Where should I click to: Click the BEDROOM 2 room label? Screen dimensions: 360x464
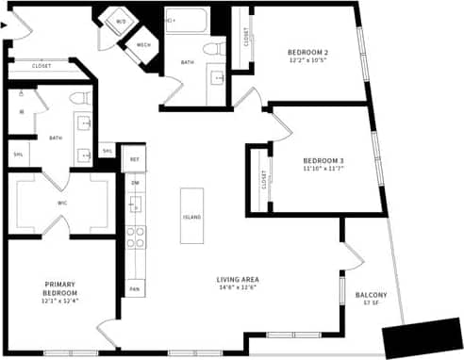(x=307, y=52)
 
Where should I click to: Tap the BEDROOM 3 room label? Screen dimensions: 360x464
(x=323, y=160)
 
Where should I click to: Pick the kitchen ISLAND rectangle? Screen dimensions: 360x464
(x=191, y=217)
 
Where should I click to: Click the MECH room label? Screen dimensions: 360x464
(x=144, y=44)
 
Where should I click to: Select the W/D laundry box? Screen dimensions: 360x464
(x=122, y=20)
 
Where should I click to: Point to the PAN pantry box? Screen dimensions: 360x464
(x=135, y=288)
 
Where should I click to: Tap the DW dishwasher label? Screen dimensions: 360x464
(x=135, y=182)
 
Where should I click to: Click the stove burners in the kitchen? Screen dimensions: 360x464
(x=136, y=237)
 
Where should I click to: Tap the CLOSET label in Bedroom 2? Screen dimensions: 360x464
(x=246, y=38)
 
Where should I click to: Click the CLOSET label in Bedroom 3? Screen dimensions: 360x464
(x=263, y=176)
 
